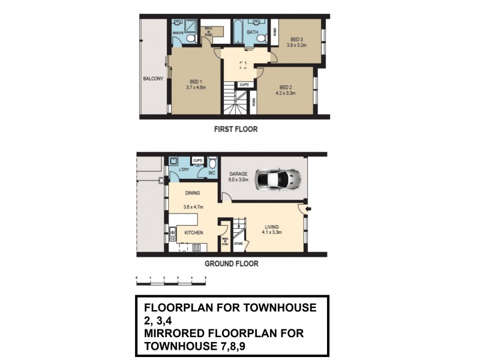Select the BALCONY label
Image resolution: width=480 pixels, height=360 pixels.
tap(153, 79)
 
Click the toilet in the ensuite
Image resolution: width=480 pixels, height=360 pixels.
tap(191, 38)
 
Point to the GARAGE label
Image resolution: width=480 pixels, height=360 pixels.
tap(238, 173)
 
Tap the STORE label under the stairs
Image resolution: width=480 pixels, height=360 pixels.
tap(238, 245)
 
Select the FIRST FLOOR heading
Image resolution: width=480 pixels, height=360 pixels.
tap(235, 129)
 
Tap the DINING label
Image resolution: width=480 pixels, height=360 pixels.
tap(192, 193)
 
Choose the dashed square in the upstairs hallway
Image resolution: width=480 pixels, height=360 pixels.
tap(243, 65)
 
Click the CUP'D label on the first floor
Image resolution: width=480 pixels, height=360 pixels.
tap(244, 85)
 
